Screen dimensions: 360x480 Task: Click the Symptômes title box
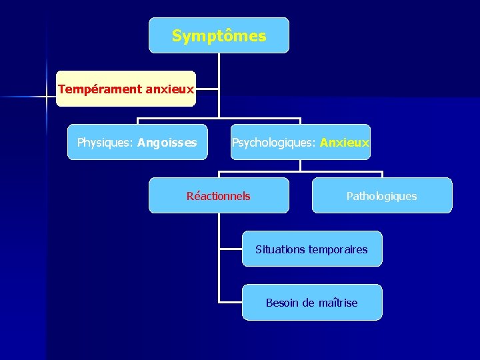coord(219,35)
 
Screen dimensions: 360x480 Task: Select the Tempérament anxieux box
coord(126,89)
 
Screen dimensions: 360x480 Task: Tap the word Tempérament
coord(100,89)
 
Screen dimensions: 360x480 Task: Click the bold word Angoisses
coord(167,142)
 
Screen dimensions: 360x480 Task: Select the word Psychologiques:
coord(274,142)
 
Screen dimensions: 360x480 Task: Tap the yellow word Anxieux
coord(345,142)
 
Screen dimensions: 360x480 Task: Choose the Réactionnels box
coord(219,195)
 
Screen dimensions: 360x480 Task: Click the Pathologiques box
coord(381,195)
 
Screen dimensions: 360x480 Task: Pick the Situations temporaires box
coord(311,249)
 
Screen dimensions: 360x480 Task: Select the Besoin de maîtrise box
coord(311,303)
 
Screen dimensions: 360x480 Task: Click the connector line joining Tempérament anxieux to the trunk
coord(207,89)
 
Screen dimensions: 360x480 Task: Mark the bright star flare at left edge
coord(47,97)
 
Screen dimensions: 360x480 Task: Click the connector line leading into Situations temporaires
coord(230,249)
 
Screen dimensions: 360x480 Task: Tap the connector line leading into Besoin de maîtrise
coord(230,302)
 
